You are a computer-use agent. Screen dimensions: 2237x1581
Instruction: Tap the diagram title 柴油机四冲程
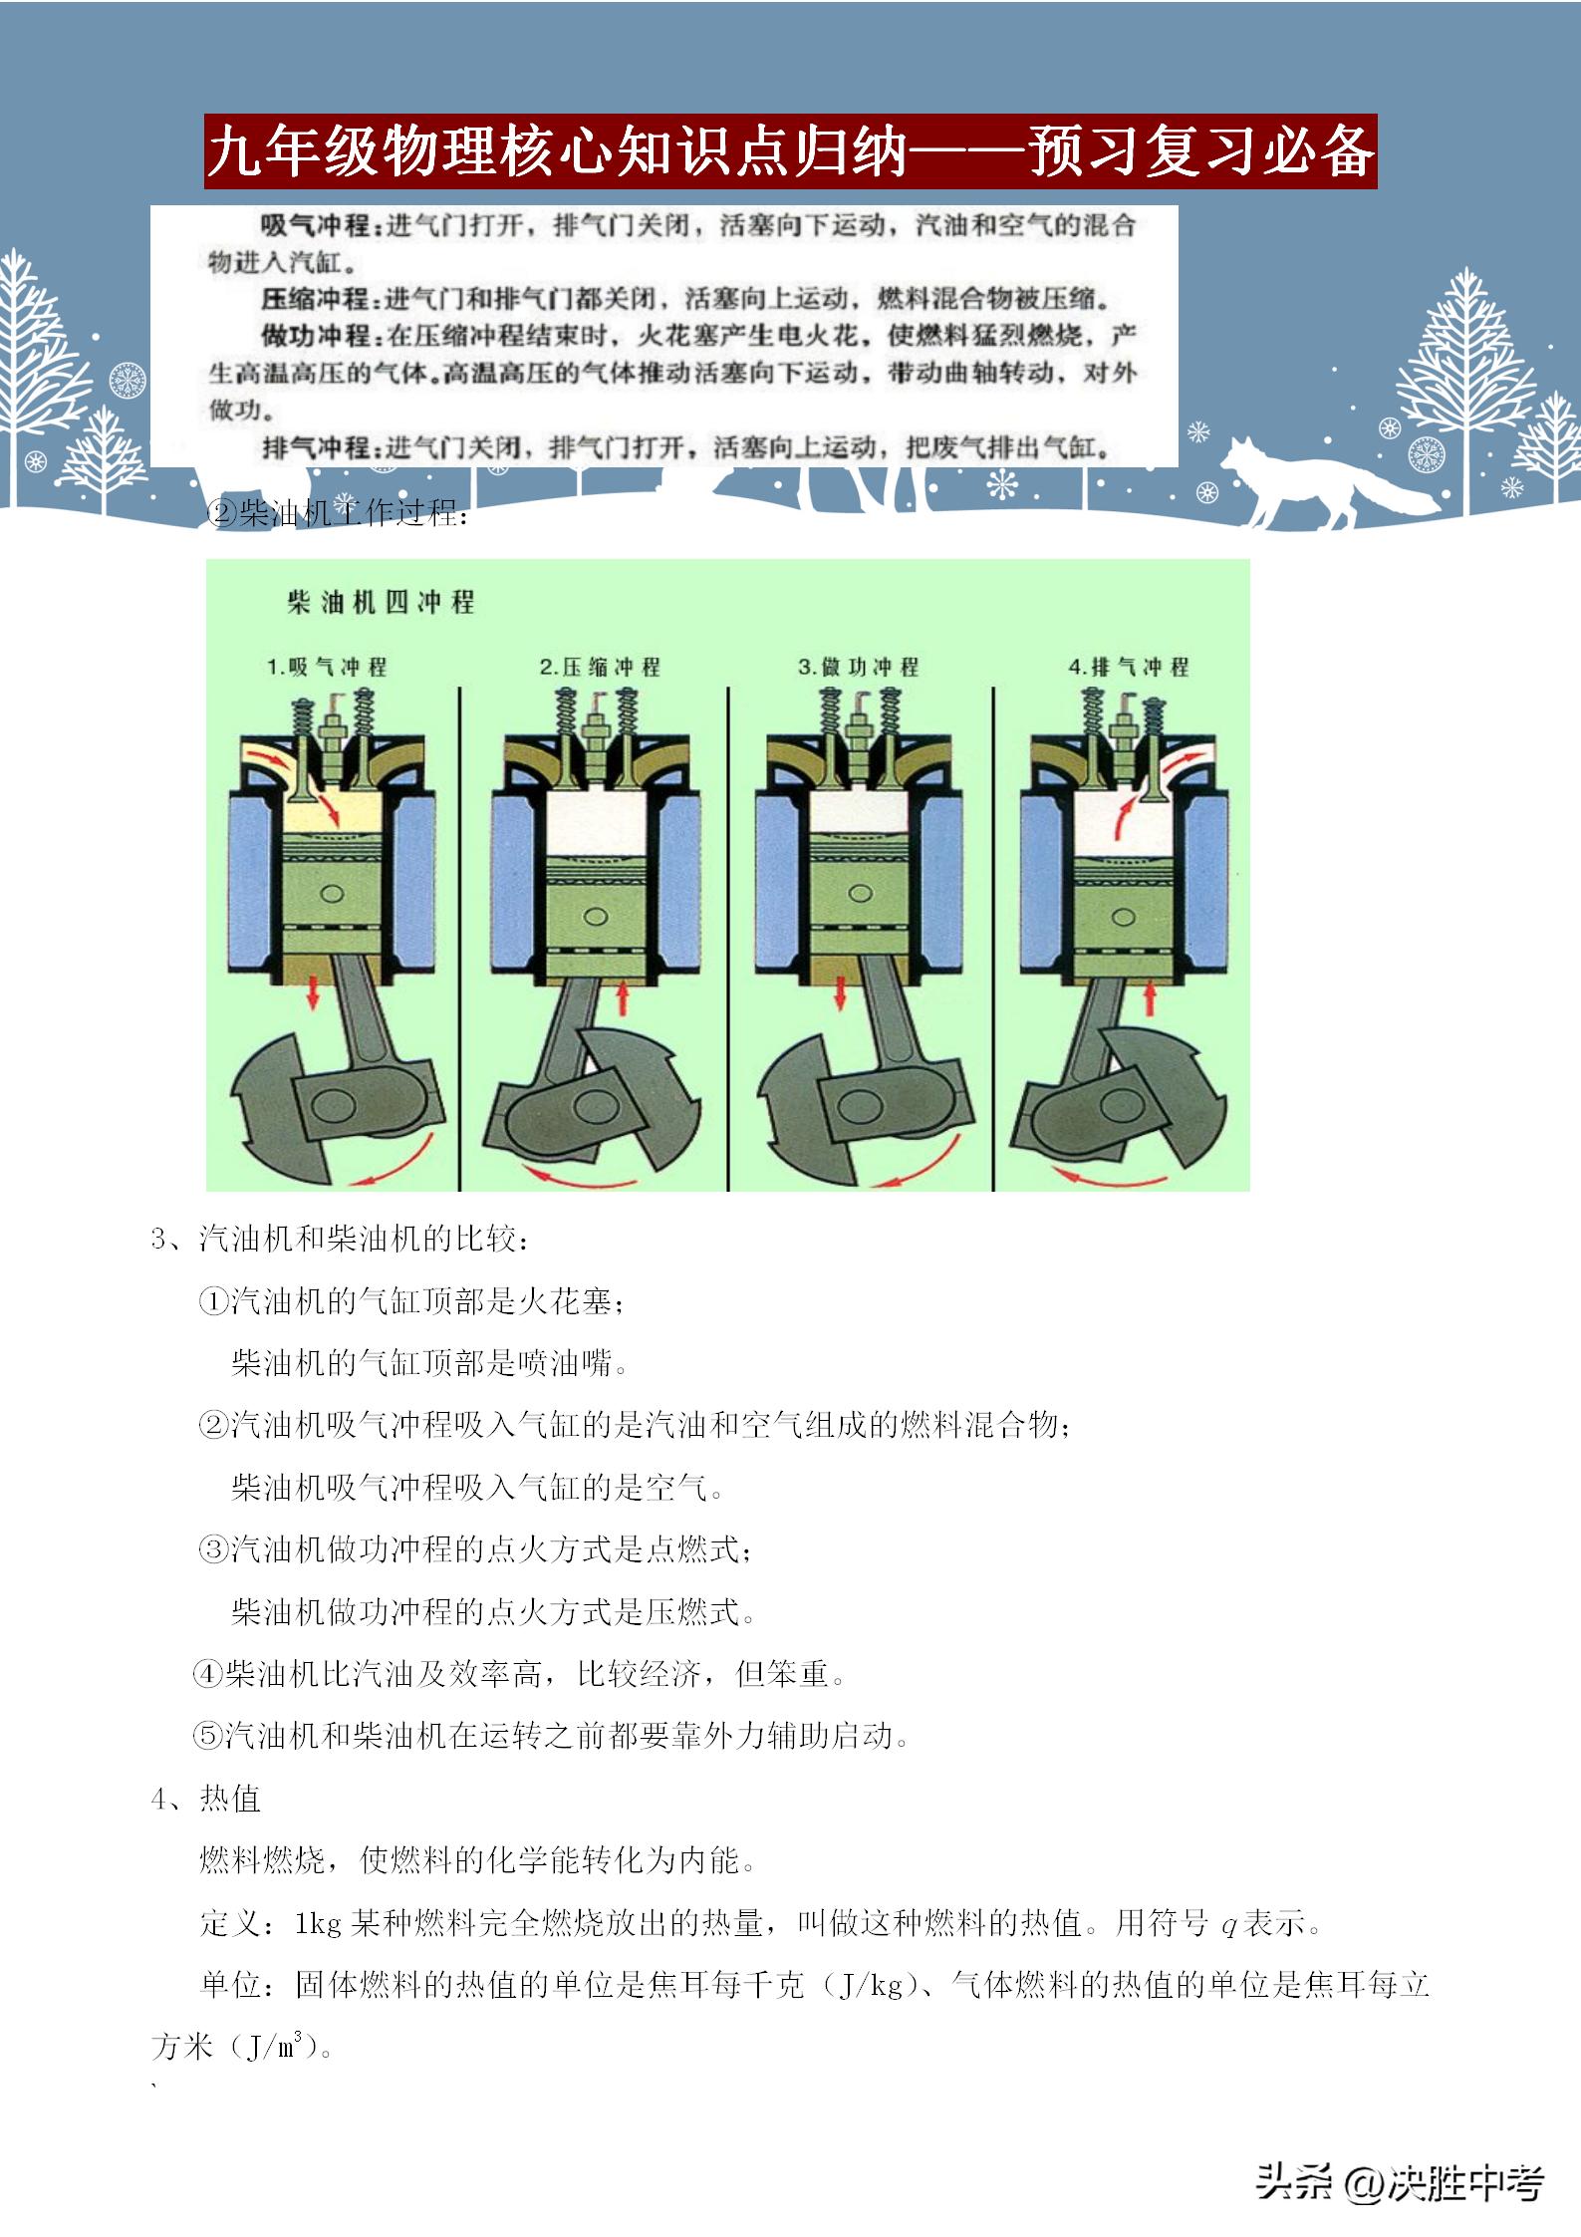point(380,602)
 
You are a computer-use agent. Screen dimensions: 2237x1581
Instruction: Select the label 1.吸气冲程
point(327,668)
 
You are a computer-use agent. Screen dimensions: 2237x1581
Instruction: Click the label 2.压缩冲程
point(600,668)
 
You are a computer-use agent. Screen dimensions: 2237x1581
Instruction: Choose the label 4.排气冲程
point(1128,668)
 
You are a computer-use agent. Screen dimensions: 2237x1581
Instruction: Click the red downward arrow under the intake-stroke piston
point(313,992)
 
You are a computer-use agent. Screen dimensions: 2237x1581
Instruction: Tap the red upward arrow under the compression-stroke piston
point(624,996)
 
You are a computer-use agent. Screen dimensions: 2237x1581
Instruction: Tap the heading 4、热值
point(206,1799)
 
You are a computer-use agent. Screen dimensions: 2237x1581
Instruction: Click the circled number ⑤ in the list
point(207,1737)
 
